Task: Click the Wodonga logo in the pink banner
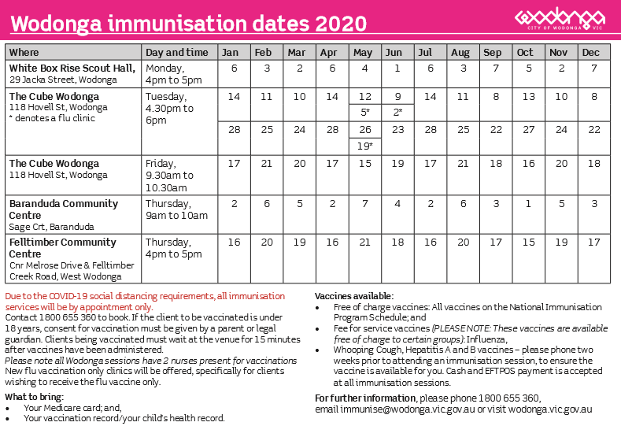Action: (560, 18)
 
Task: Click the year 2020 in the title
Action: (341, 24)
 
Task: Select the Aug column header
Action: (460, 52)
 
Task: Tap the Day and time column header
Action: (176, 52)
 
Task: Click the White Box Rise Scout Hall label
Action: (72, 69)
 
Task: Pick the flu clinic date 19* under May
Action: (364, 146)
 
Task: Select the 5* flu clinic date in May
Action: (364, 112)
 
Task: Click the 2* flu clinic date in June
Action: (397, 112)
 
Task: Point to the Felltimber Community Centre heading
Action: (63, 247)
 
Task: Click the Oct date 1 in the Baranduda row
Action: (528, 204)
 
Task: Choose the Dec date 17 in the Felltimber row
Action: (593, 242)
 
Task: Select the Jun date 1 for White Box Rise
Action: (397, 69)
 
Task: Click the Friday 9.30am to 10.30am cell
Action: (169, 175)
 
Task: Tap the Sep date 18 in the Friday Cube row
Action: (495, 163)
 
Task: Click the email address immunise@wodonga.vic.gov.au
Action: (408, 409)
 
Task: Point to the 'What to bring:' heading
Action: (34, 397)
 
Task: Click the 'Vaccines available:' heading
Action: (354, 296)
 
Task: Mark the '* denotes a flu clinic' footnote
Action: (52, 118)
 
